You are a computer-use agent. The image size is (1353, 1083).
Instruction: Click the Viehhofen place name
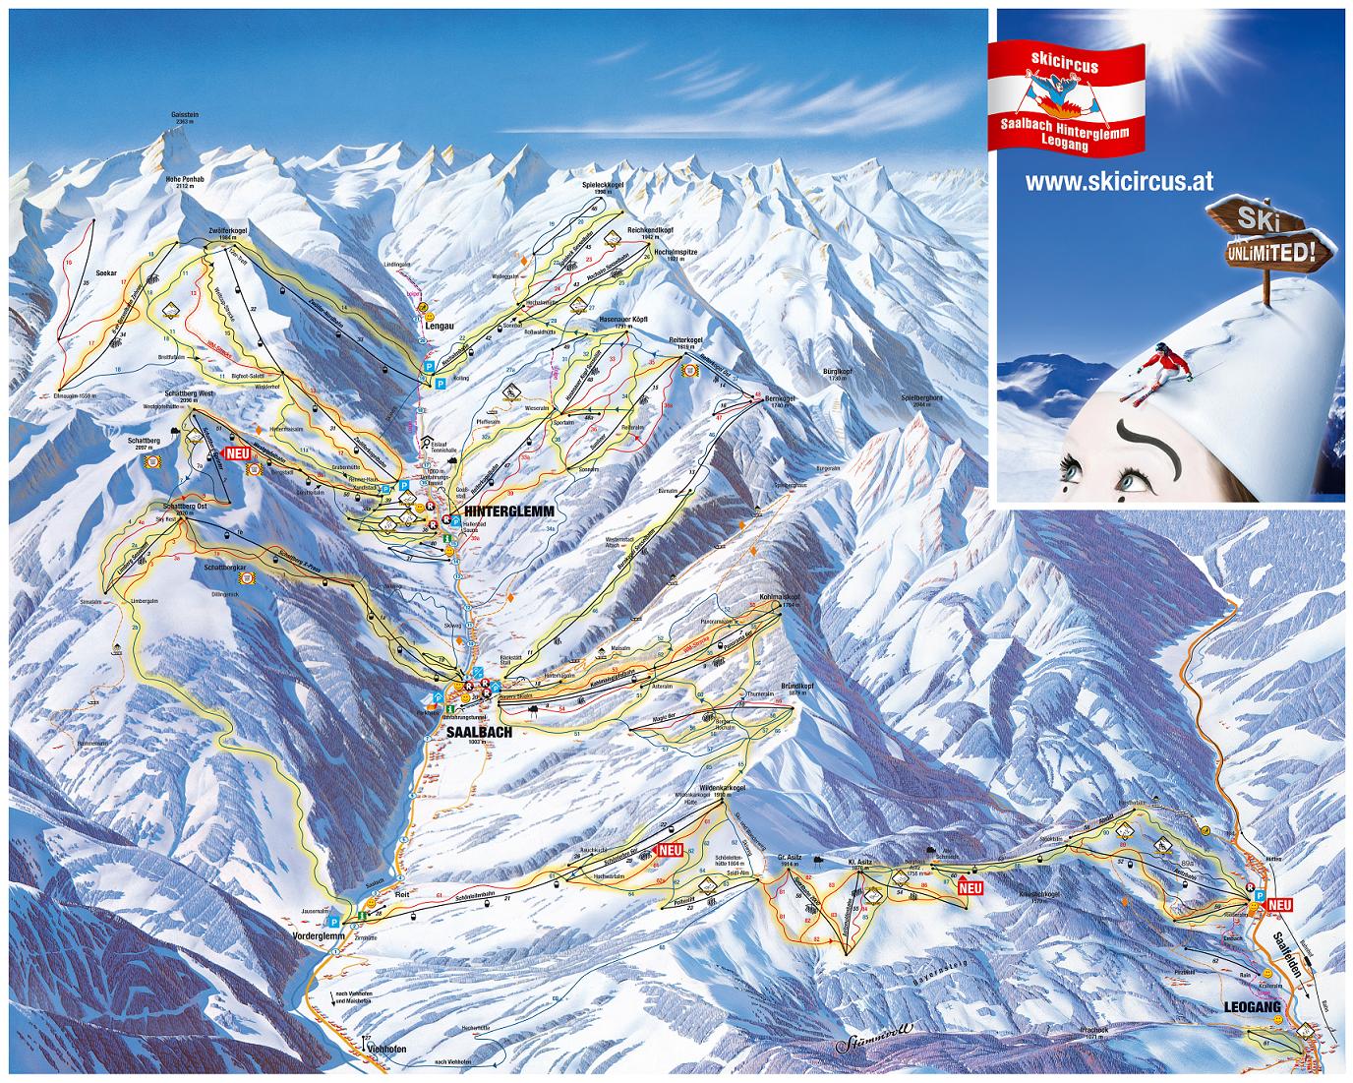[386, 1049]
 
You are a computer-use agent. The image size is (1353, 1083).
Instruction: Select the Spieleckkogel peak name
[603, 184]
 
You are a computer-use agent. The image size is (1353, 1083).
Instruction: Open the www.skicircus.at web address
[1119, 182]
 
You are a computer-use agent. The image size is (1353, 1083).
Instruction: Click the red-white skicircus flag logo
[1066, 94]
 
